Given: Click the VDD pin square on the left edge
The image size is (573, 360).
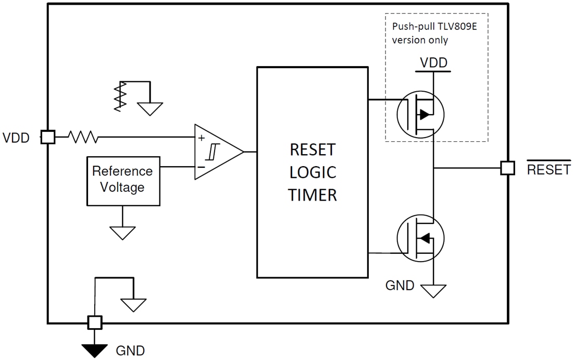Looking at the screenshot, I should [x=48, y=138].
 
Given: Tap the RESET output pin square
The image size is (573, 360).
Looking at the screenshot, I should [x=507, y=168].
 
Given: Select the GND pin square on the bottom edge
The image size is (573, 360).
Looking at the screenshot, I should [x=94, y=322].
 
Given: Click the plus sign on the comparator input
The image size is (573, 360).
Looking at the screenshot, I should [x=202, y=139].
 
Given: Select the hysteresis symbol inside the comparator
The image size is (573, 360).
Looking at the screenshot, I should [x=212, y=152].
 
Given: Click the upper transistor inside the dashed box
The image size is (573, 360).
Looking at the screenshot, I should [x=420, y=115].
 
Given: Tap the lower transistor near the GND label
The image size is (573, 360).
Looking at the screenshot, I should [x=420, y=238].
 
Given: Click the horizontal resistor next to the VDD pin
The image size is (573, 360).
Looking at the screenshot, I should [x=83, y=138].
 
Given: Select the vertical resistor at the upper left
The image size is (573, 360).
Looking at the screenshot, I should [x=120, y=96].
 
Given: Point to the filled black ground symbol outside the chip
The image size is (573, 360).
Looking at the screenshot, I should [x=94, y=350].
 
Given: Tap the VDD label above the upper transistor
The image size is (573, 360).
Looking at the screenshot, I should [x=433, y=63].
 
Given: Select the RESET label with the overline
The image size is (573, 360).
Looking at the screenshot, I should [x=549, y=169].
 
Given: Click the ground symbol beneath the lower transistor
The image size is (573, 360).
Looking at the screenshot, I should [x=433, y=290].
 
